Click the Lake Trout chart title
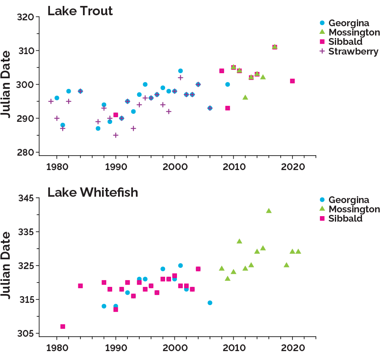(x=80, y=11)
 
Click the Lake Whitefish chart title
(x=92, y=192)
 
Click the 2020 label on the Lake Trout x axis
(x=293, y=167)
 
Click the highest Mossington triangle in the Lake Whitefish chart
(x=269, y=211)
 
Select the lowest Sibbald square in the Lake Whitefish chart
(x=63, y=327)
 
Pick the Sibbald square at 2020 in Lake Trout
(x=293, y=81)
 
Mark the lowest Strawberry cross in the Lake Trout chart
(x=116, y=135)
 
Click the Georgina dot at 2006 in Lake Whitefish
(x=210, y=303)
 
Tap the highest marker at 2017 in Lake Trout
(x=275, y=47)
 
